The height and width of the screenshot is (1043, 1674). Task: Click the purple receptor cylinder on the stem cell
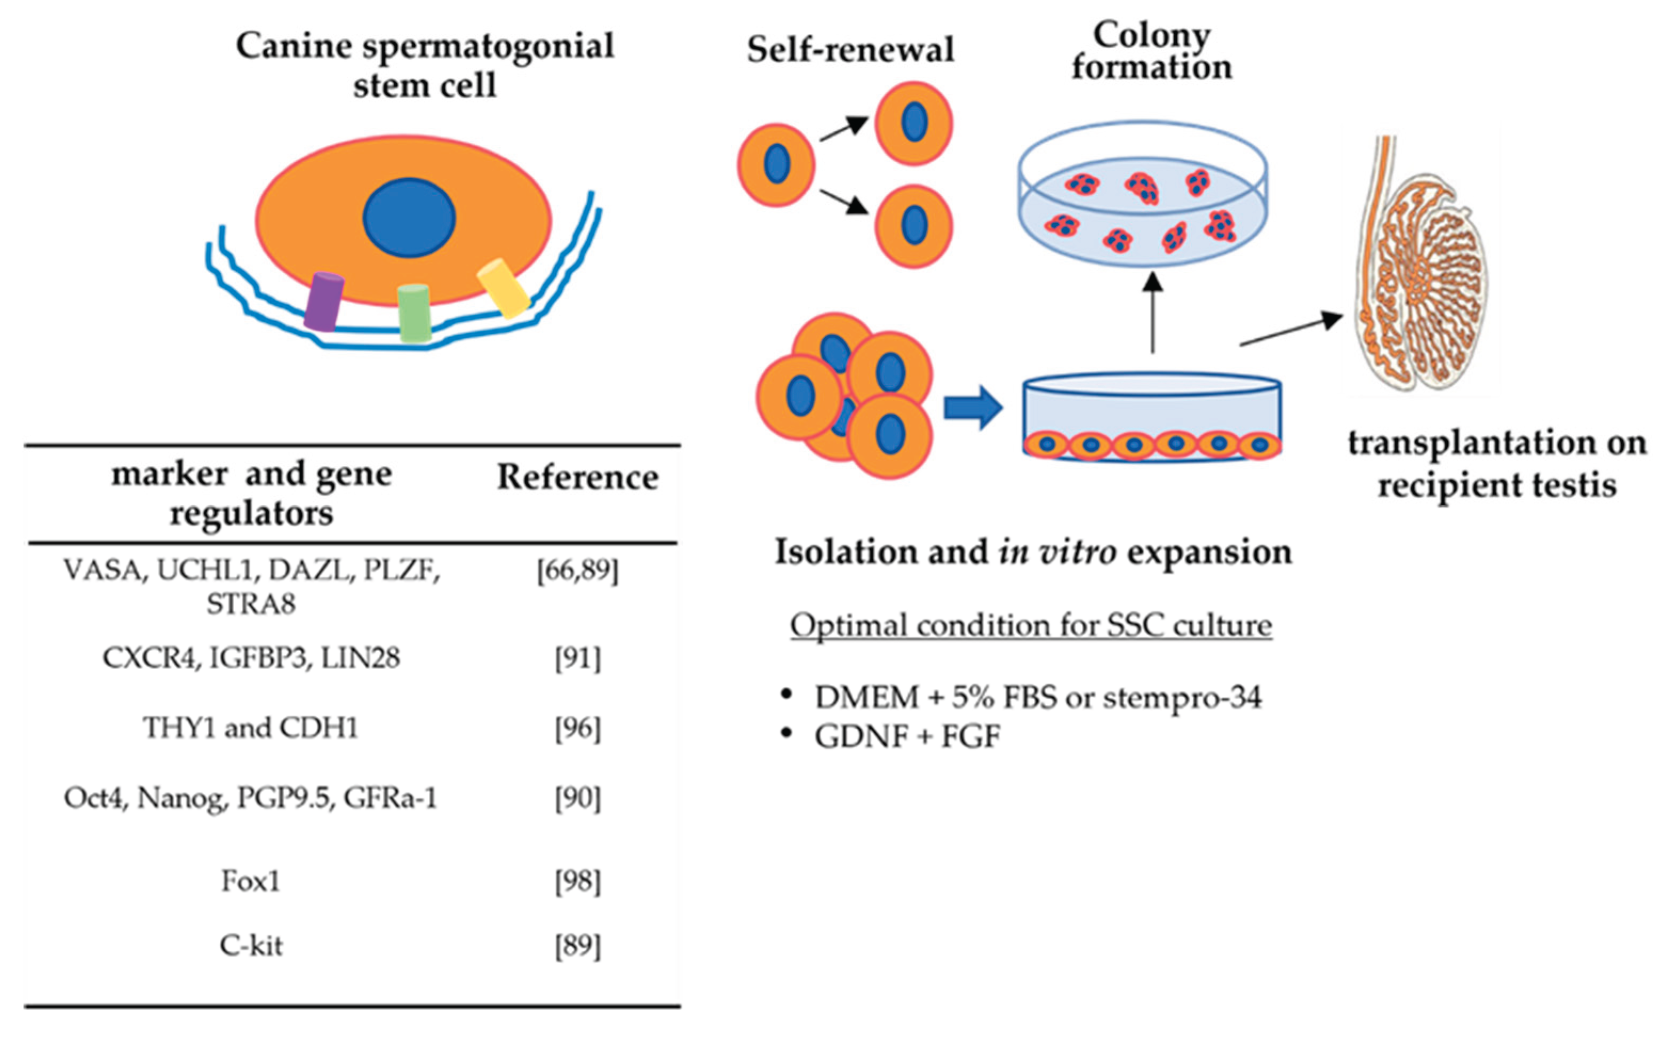323,302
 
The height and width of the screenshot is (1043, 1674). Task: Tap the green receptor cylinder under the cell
414,313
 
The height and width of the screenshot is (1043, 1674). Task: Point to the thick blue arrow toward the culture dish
972,408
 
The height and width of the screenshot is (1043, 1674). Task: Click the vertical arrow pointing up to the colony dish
1153,314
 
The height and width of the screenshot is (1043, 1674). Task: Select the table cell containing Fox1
250,881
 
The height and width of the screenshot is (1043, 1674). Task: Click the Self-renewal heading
850,50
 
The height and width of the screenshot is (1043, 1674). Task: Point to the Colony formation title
1151,52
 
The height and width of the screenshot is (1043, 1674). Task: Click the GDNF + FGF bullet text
907,737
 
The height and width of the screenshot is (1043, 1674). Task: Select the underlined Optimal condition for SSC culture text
1031,626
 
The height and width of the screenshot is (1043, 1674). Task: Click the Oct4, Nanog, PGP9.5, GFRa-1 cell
250,798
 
